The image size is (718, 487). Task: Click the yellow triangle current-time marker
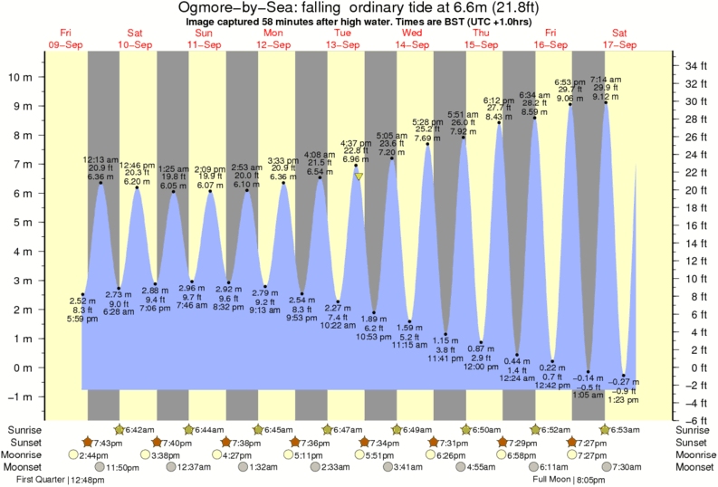[359, 177]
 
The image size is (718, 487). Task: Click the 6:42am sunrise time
[139, 428]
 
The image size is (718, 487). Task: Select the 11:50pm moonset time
[139, 467]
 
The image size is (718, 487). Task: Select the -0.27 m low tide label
[623, 381]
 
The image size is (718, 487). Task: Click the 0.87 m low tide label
[481, 349]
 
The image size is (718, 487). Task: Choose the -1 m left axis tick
[22, 396]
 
